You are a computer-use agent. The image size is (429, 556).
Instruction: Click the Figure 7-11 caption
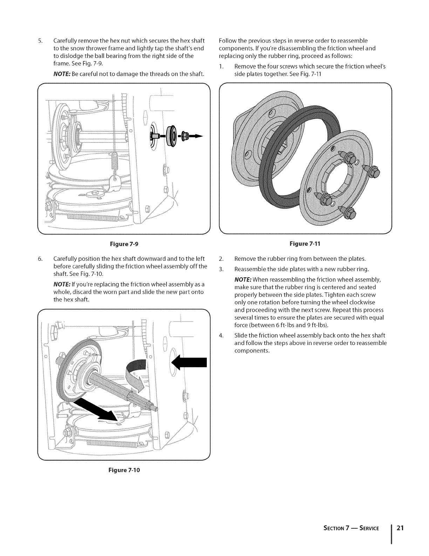click(x=305, y=243)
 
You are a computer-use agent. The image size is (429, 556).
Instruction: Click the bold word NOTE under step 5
click(x=61, y=74)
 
